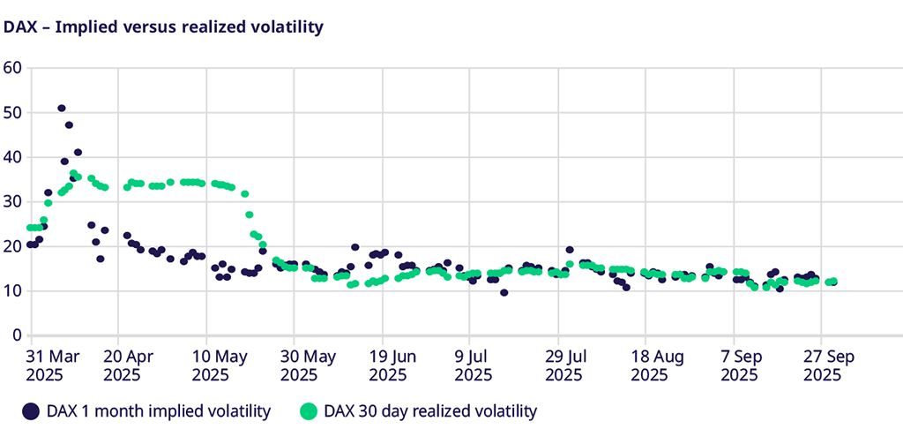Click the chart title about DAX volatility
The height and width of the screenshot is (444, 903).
(163, 27)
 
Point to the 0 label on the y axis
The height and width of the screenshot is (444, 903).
(17, 335)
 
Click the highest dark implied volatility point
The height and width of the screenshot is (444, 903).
(62, 109)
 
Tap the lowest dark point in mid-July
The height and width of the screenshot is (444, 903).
(504, 292)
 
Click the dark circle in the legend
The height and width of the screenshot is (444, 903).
(32, 410)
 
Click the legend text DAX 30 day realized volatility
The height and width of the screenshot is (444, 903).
(430, 410)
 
